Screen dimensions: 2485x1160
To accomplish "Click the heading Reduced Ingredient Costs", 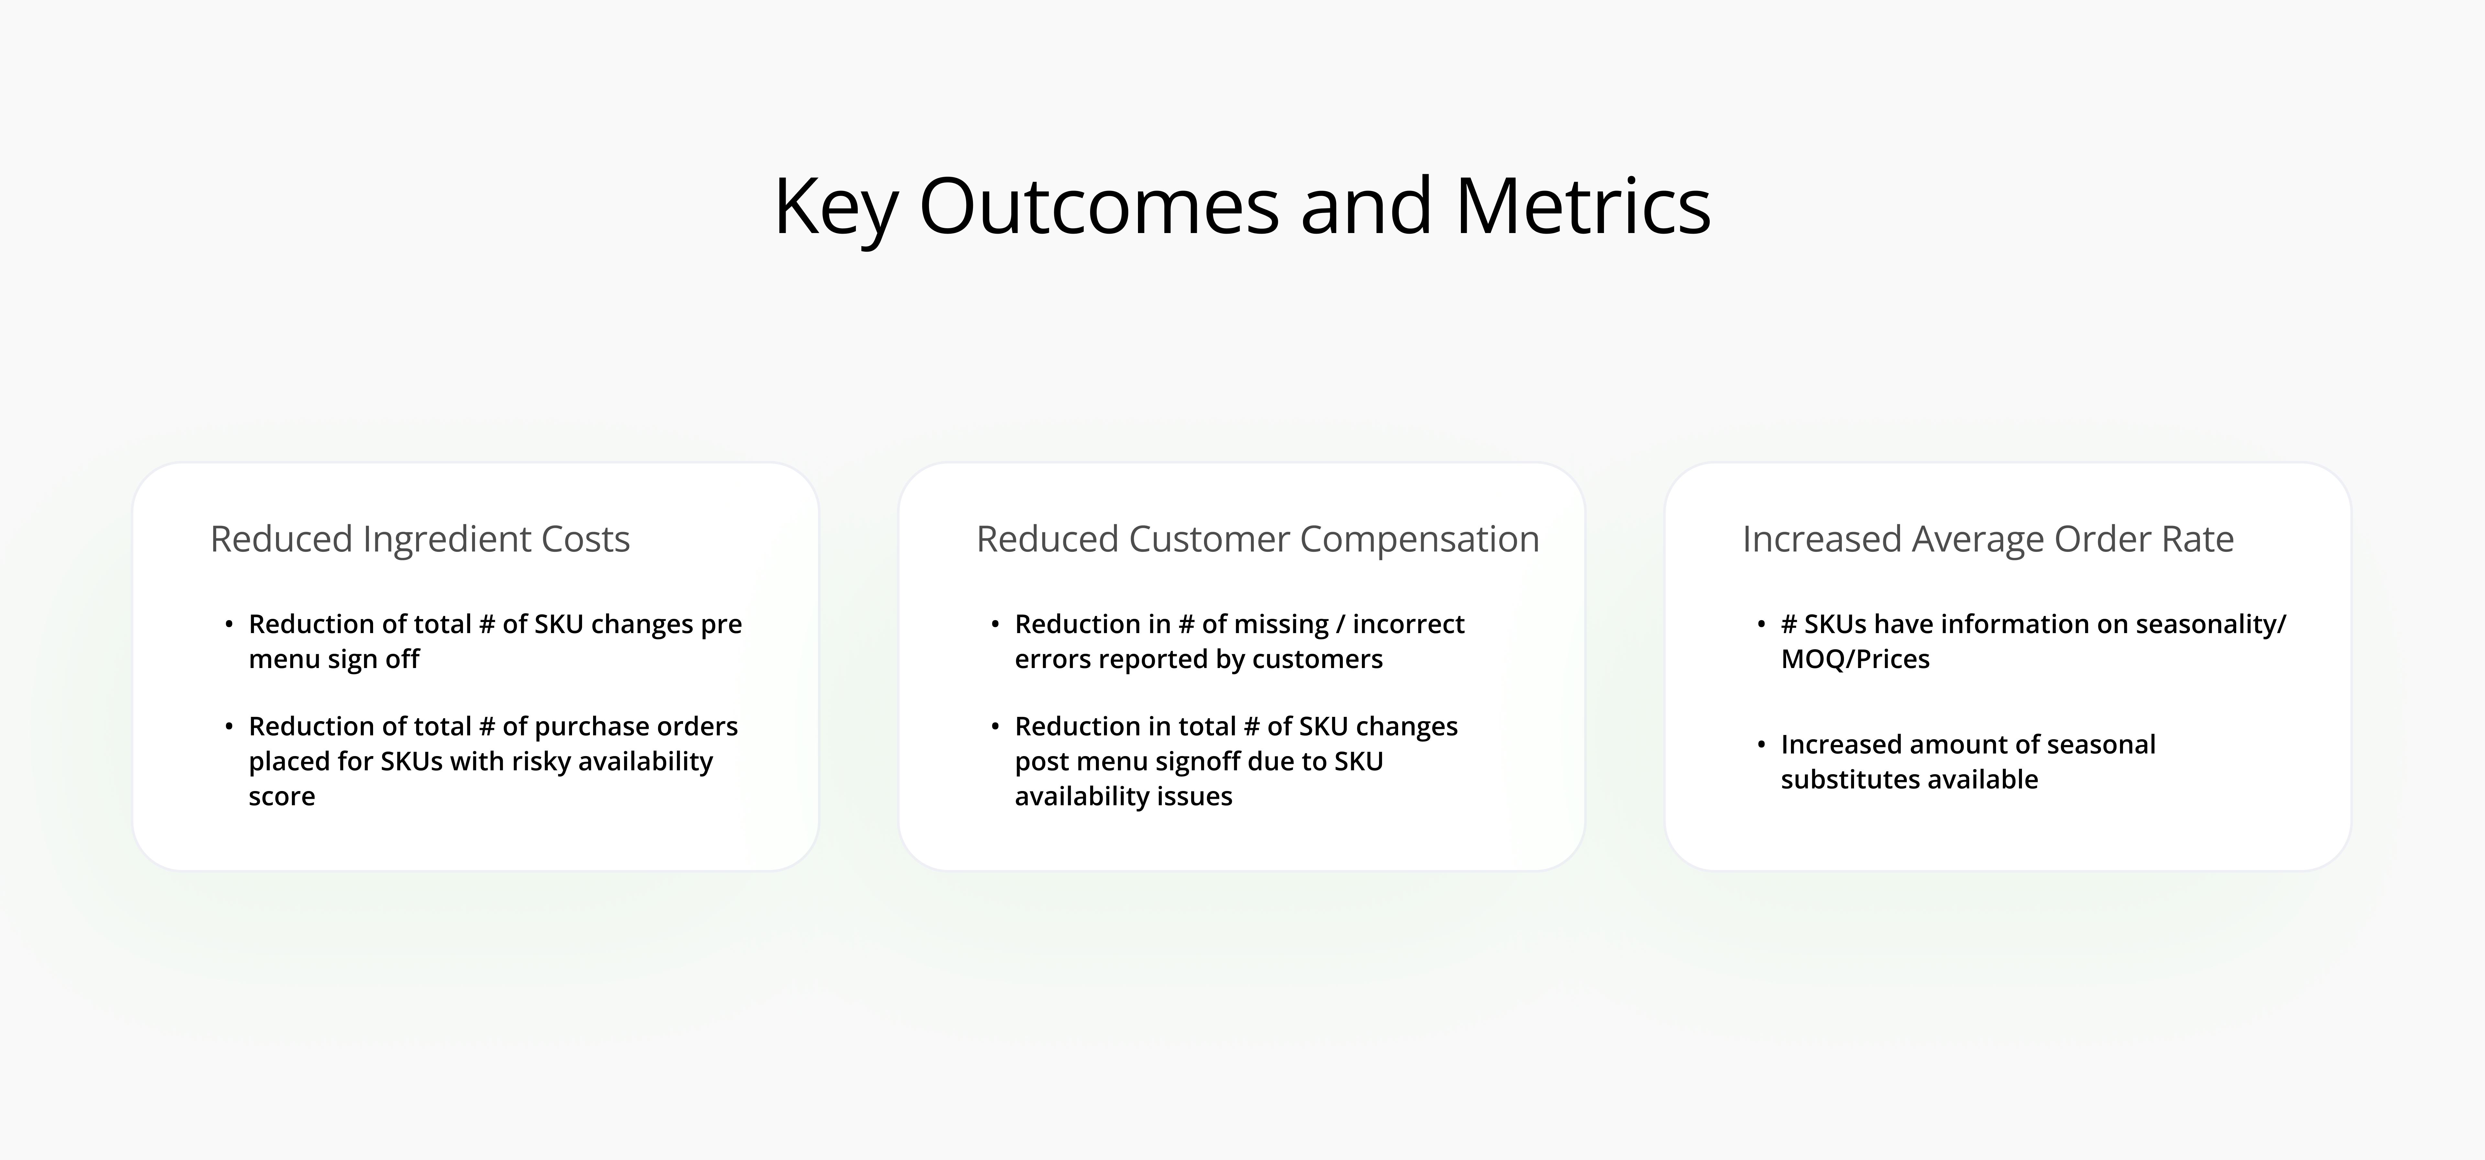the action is pos(420,539).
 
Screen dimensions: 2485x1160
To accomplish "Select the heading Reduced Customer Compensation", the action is pos(1258,539).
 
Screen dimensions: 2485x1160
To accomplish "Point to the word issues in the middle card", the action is pos(1198,796).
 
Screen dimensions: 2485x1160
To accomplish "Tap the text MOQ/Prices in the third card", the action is pos(1855,659).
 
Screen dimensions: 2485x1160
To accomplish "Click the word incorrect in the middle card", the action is pos(1408,624).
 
